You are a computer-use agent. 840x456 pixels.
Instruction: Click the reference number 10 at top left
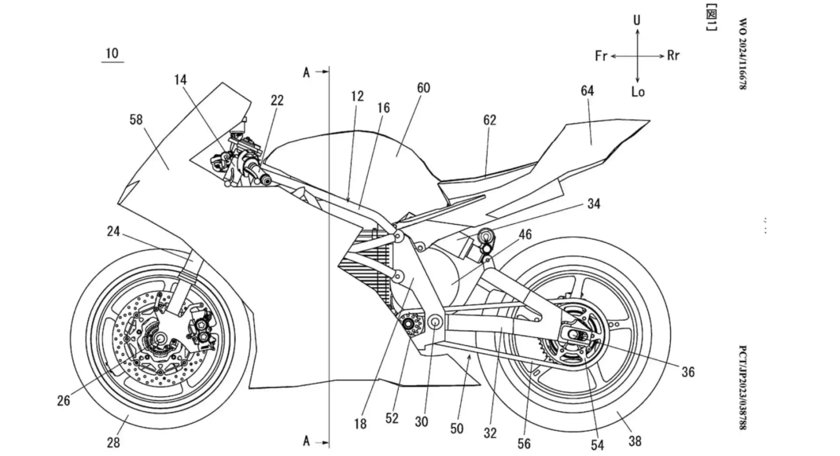pos(112,53)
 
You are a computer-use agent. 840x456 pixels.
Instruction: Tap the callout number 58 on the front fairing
pos(136,120)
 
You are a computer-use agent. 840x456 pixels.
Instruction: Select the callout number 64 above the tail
pos(587,90)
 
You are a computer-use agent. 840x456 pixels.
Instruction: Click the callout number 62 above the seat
pos(490,120)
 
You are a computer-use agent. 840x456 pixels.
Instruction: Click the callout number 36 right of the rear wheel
pos(687,372)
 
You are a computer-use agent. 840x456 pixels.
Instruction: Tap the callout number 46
pos(525,234)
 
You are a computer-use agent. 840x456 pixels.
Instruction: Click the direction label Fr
pos(600,57)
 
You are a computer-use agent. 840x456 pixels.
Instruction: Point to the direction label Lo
pos(638,92)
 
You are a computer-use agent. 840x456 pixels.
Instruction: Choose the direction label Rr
pos(673,56)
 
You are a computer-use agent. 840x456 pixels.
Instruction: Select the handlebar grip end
pos(266,182)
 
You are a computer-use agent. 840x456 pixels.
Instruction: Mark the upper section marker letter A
pos(307,72)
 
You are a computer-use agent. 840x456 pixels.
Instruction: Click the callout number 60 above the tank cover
pos(423,88)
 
